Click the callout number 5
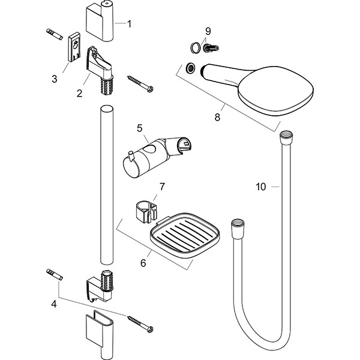(x=139, y=128)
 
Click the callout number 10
(x=260, y=187)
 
